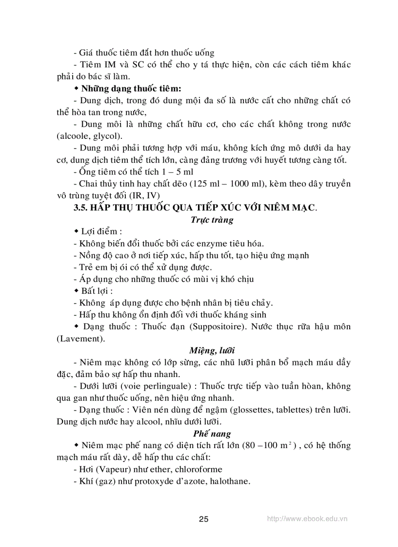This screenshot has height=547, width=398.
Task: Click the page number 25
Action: click(204, 519)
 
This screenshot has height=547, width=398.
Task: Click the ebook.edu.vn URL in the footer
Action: click(307, 519)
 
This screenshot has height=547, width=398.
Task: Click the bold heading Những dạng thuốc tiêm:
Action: click(131, 89)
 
